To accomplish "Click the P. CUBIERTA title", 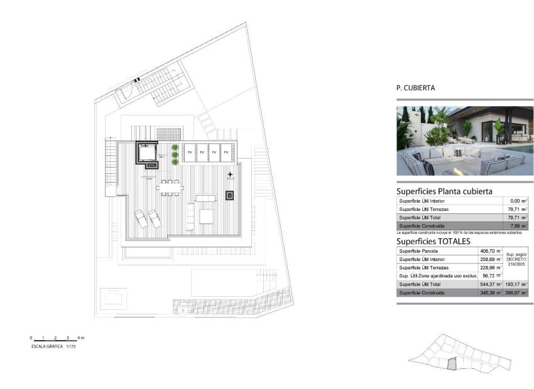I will tap(415, 88).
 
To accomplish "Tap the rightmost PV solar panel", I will tap(227, 152).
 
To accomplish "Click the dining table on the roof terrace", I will tap(170, 187).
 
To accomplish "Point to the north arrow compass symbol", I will tap(231, 174).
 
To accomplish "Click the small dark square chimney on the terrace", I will tap(229, 196).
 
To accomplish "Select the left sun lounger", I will tap(141, 219).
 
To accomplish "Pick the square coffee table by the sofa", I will tap(207, 216).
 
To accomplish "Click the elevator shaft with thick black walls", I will tap(148, 153).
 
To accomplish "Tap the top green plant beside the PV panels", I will tap(175, 148).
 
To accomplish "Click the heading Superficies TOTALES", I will tap(433, 241).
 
